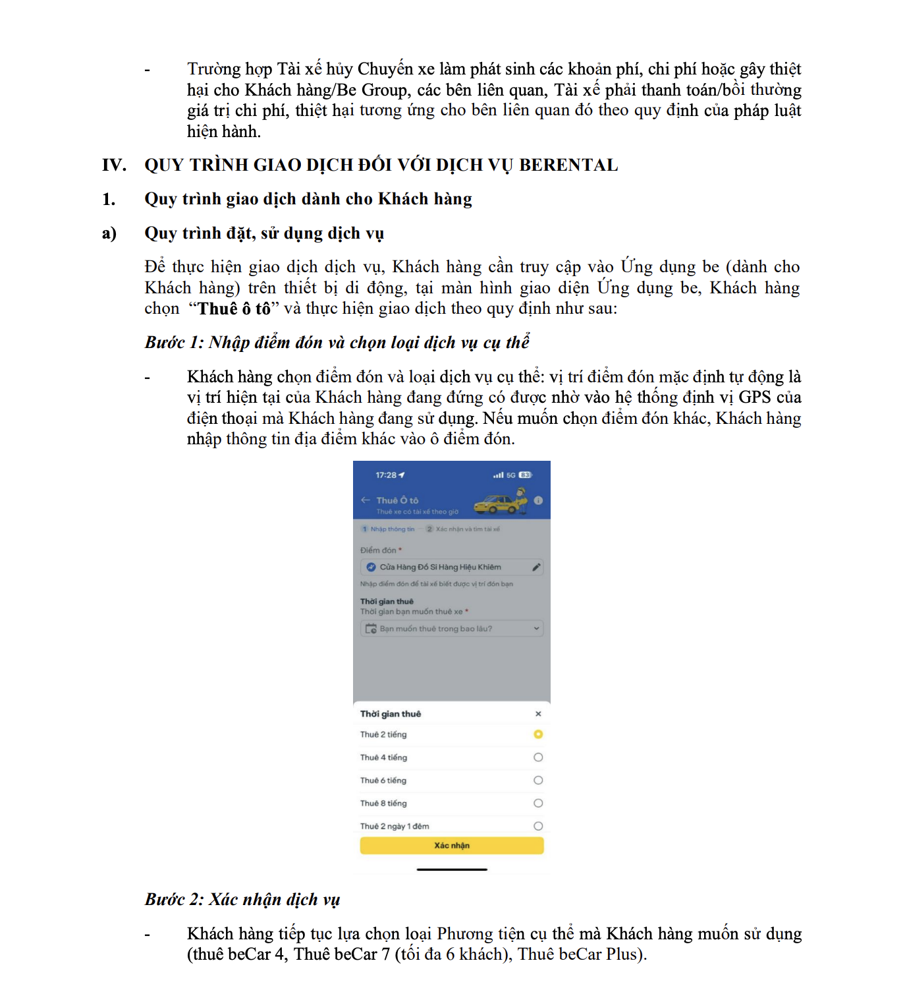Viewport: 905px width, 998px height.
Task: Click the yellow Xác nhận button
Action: (451, 845)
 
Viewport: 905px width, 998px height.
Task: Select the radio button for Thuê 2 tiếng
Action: (538, 734)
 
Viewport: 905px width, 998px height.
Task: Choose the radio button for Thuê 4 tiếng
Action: (538, 757)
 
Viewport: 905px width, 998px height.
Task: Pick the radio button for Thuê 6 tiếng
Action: (538, 780)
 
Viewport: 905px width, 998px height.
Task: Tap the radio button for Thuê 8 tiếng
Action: (538, 803)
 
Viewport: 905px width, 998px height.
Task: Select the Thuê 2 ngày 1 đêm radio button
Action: (538, 826)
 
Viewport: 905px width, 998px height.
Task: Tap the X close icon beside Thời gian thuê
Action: (538, 714)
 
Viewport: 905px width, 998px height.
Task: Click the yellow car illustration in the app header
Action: (501, 503)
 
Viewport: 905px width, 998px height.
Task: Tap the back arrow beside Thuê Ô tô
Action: (366, 500)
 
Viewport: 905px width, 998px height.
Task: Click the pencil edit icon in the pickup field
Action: (536, 567)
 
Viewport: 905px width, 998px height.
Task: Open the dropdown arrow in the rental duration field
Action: (536, 629)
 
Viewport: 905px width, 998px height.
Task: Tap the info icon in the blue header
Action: (538, 500)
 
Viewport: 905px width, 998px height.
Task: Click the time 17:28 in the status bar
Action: (386, 475)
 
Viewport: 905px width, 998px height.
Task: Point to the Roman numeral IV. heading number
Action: (114, 165)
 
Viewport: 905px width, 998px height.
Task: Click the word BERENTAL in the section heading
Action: (568, 165)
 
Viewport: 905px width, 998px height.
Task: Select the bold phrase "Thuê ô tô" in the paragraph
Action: (234, 308)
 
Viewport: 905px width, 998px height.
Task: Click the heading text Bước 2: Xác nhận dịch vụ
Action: (242, 899)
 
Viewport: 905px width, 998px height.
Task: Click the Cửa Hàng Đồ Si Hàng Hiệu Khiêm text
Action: (440, 567)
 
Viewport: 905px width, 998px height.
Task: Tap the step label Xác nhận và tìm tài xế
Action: (468, 529)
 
